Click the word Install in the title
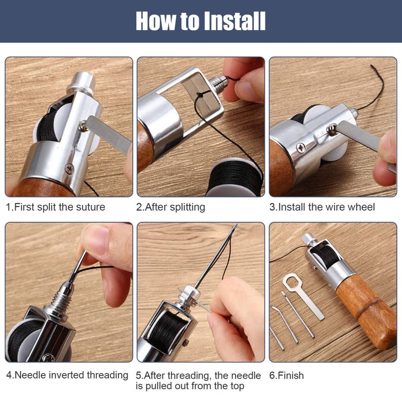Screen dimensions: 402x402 click(x=234, y=21)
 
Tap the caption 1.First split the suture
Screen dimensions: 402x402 click(x=56, y=207)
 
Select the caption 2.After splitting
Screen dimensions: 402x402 click(x=171, y=207)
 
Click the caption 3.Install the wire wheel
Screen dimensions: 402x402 click(x=322, y=207)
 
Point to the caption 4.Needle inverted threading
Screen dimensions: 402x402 click(x=67, y=375)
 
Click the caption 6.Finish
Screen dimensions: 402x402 click(x=287, y=375)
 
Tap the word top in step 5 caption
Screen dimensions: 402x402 click(x=236, y=386)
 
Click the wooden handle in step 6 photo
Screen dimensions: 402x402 click(x=364, y=306)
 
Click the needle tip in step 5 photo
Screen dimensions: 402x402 click(x=234, y=227)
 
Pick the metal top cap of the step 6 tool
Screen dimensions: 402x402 click(x=308, y=238)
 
